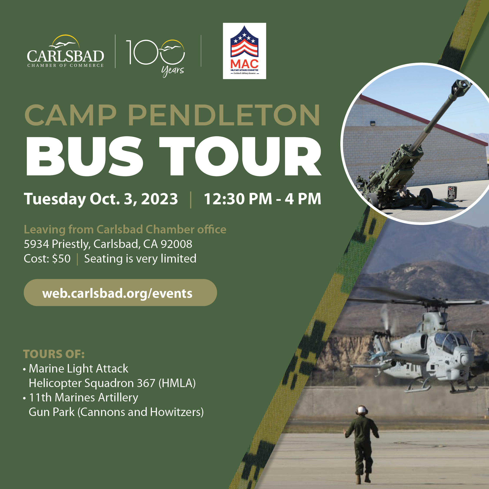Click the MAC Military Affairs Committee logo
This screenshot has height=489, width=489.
244,51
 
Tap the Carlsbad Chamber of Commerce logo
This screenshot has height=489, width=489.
65,51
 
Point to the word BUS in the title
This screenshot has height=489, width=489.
84,156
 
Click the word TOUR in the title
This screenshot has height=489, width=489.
240,156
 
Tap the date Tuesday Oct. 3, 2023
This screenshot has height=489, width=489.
101,199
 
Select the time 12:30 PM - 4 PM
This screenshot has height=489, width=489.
263,199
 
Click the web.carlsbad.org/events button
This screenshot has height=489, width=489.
120,293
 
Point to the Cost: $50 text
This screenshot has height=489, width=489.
47,259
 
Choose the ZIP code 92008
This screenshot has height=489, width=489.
176,244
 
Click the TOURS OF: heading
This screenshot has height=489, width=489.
54,354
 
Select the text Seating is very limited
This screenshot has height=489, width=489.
140,259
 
